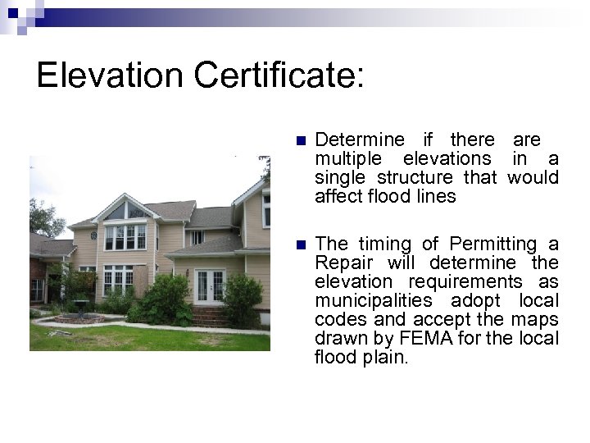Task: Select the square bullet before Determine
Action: tap(300, 141)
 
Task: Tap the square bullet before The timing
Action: tap(300, 244)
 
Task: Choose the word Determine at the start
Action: tap(358, 140)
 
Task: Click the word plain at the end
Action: tap(385, 358)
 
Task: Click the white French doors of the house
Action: tap(211, 286)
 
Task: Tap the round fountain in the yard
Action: tap(79, 308)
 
